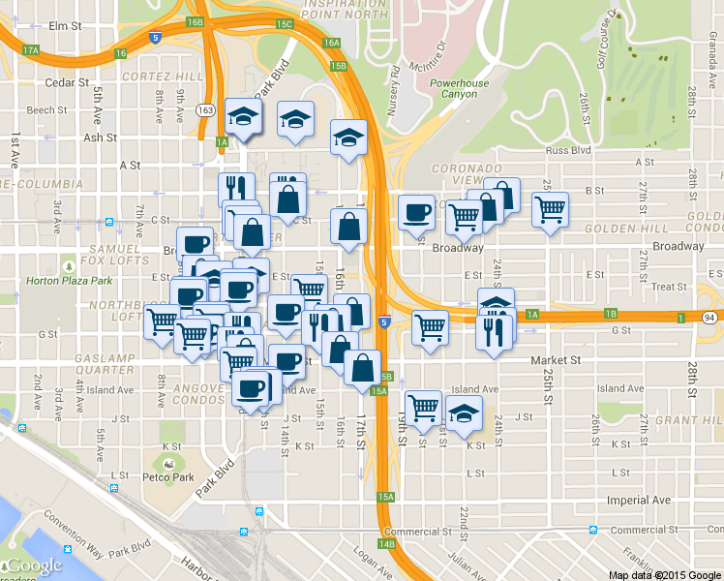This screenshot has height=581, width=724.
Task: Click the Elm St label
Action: (x=66, y=25)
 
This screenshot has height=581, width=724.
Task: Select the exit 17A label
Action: (x=30, y=50)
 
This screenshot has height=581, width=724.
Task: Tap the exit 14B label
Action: (x=387, y=544)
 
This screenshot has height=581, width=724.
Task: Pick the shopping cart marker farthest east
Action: (x=550, y=207)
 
